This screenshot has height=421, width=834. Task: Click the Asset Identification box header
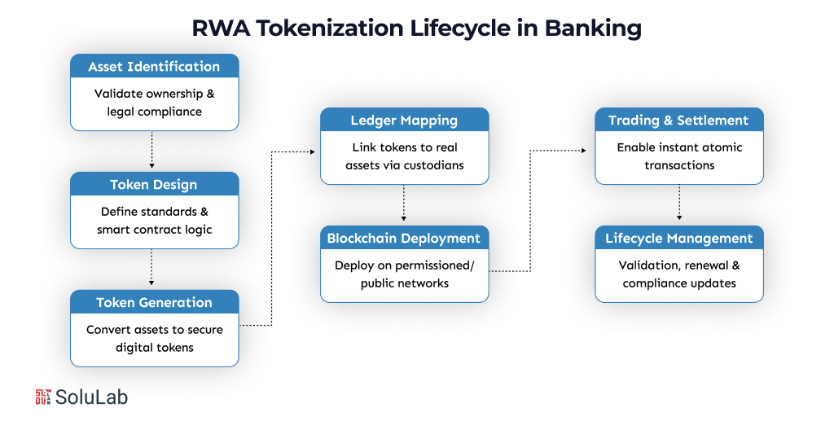tap(154, 67)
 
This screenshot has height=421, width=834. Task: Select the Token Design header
tap(154, 185)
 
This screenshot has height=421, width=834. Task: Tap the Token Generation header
tap(154, 303)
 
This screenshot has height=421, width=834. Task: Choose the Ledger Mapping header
tap(404, 121)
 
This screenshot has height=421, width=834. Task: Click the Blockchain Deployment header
tap(404, 239)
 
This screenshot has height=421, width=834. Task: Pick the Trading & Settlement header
tap(678, 121)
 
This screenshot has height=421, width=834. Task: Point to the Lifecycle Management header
tap(678, 239)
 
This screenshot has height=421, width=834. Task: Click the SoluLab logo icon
tap(43, 397)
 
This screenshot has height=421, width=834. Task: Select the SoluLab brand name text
tap(91, 397)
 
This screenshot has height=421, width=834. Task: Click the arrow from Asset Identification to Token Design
tap(152, 150)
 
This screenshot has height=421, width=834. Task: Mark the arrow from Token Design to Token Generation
tap(152, 268)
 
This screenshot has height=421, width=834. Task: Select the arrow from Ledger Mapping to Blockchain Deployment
tap(404, 204)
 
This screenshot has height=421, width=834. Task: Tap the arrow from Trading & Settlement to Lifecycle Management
tap(678, 204)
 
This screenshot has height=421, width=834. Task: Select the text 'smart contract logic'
tap(154, 230)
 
